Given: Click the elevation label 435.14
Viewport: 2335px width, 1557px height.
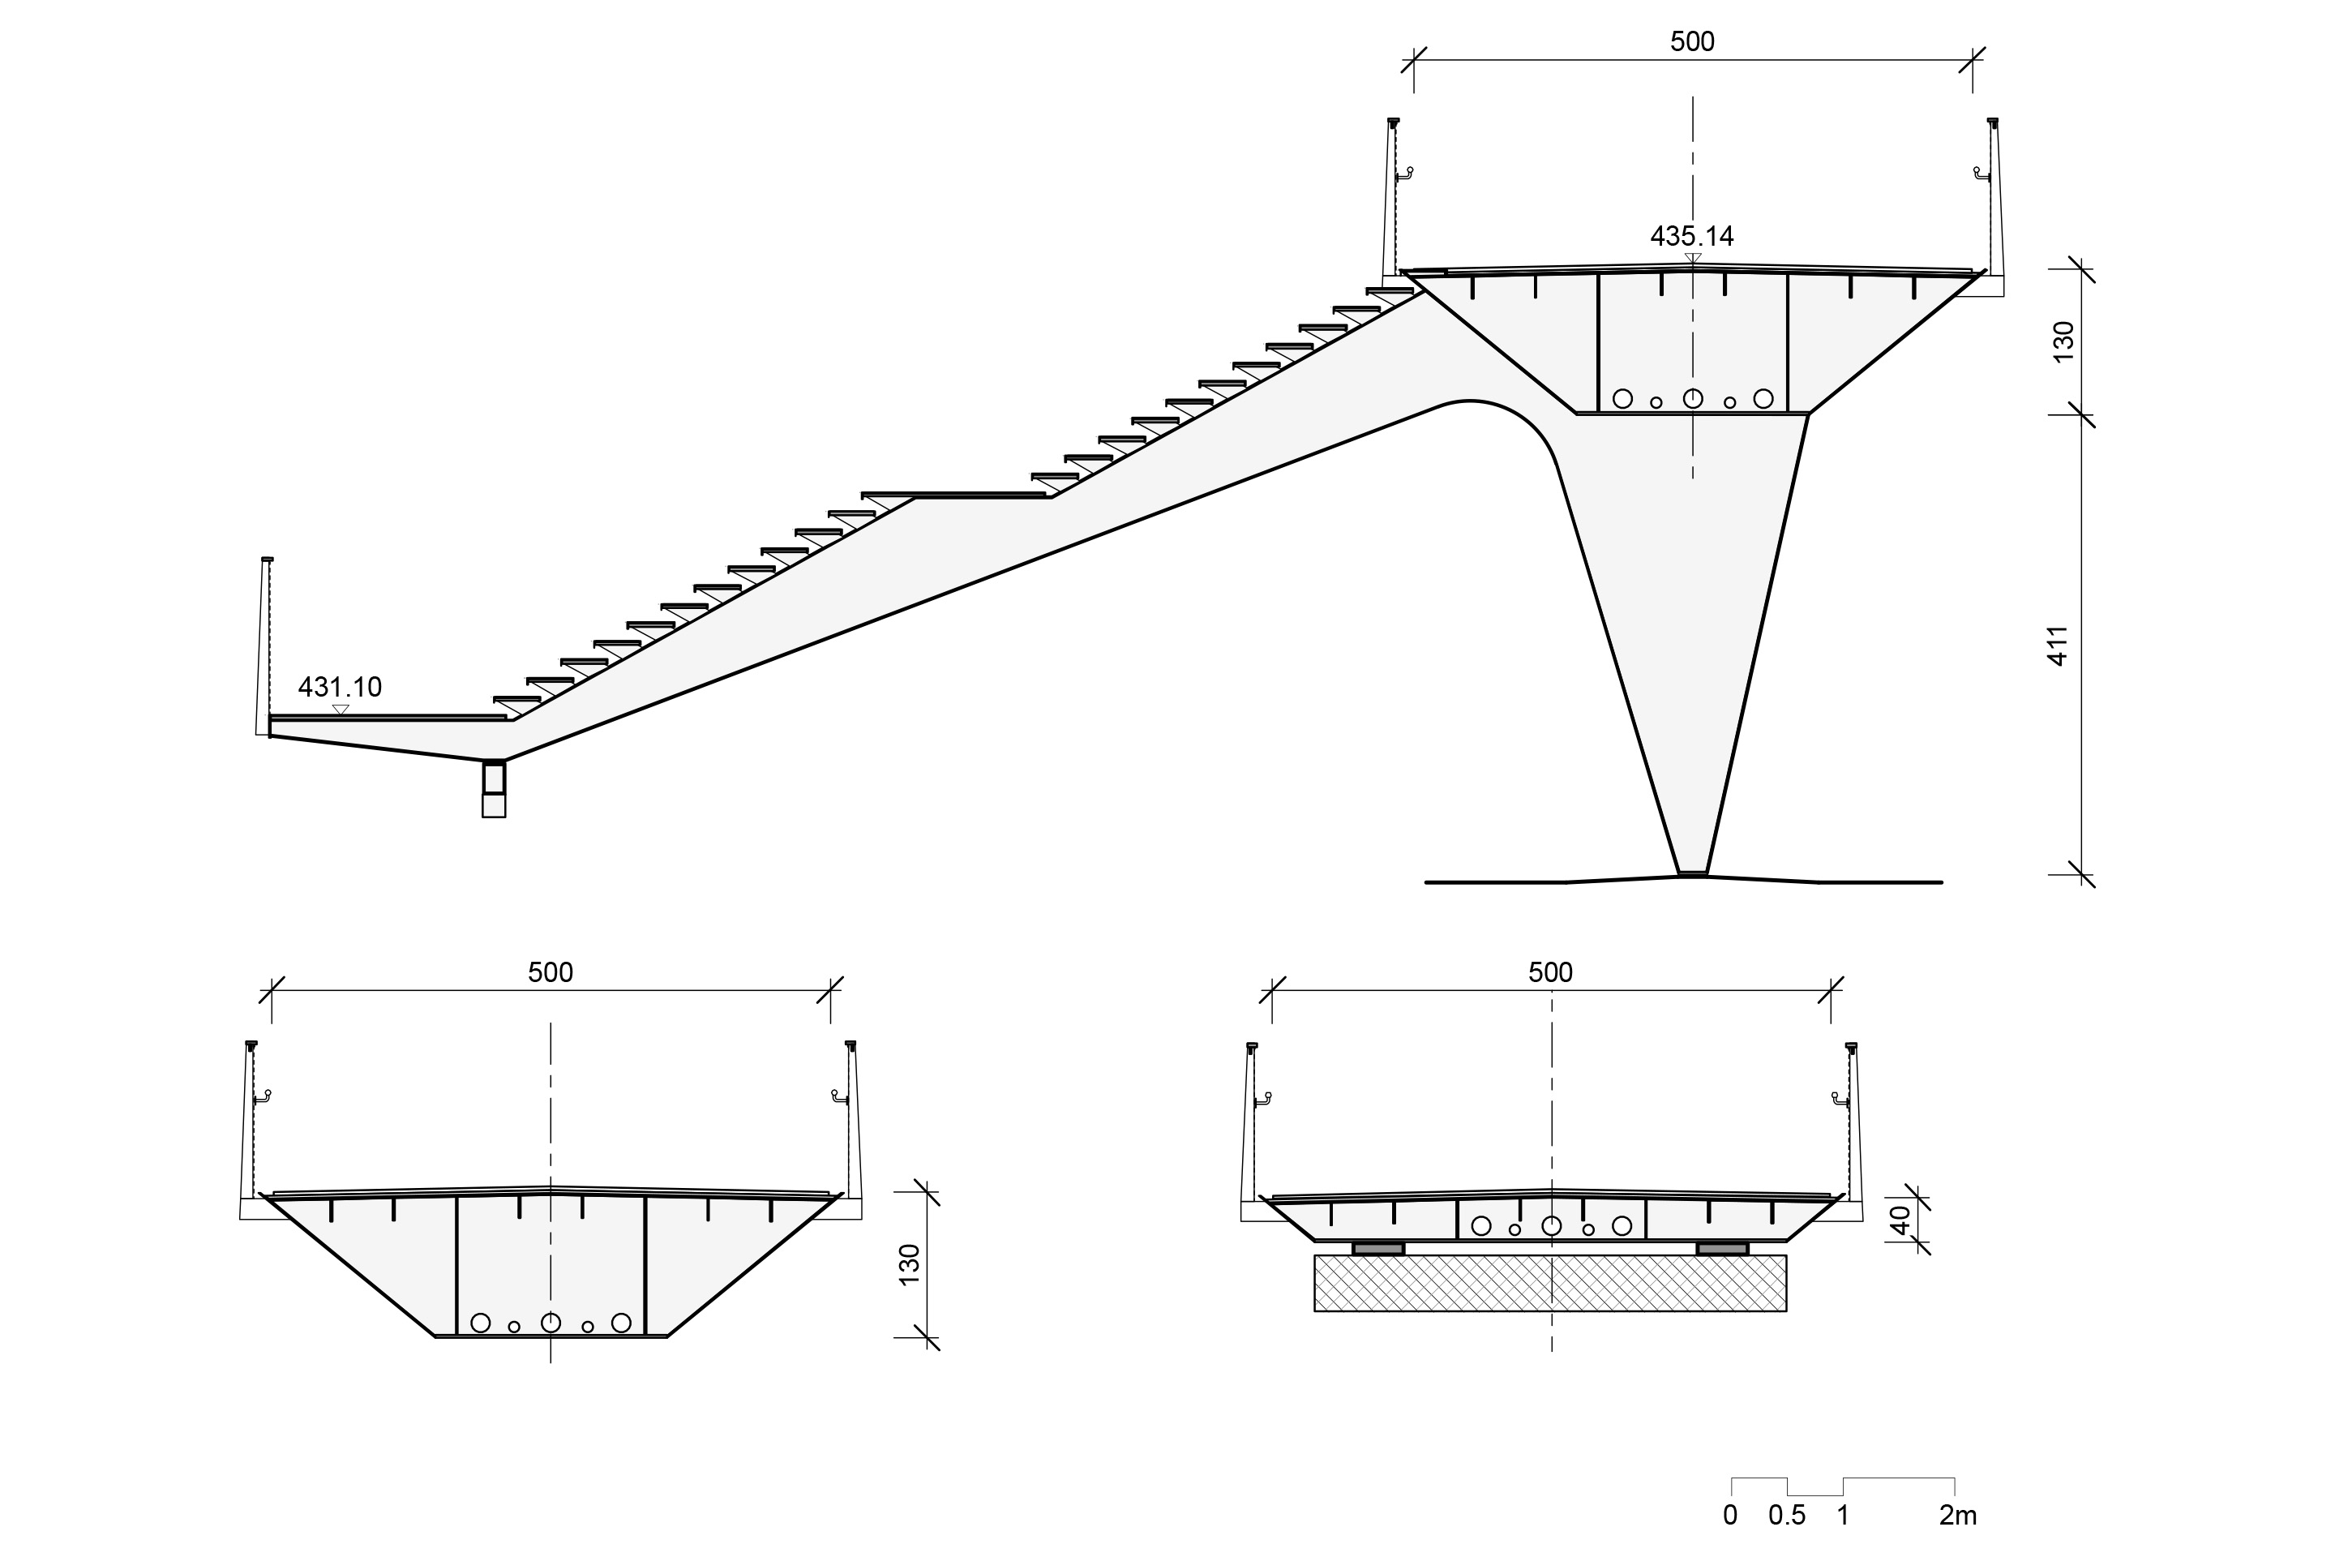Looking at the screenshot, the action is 1692,236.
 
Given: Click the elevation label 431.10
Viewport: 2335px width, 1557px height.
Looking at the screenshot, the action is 340,687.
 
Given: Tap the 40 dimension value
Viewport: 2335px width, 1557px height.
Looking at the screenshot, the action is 1899,1220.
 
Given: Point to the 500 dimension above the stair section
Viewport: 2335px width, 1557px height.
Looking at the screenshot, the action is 1692,41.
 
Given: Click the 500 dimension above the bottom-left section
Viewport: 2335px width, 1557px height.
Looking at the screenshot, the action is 550,972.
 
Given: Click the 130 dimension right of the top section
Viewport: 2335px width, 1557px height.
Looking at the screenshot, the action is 2063,341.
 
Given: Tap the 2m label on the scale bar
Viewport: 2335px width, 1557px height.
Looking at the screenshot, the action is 1958,1516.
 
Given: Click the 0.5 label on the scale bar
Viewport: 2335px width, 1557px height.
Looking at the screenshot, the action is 1787,1516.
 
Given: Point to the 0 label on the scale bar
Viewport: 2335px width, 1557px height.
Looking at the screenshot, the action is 1730,1516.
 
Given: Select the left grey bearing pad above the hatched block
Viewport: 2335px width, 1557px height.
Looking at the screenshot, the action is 1378,1248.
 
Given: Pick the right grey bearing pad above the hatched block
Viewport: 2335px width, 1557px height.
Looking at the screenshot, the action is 1722,1248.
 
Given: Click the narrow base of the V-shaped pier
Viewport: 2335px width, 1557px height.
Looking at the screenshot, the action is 1693,874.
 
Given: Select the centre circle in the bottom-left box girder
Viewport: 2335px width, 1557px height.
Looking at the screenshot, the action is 550,1323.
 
